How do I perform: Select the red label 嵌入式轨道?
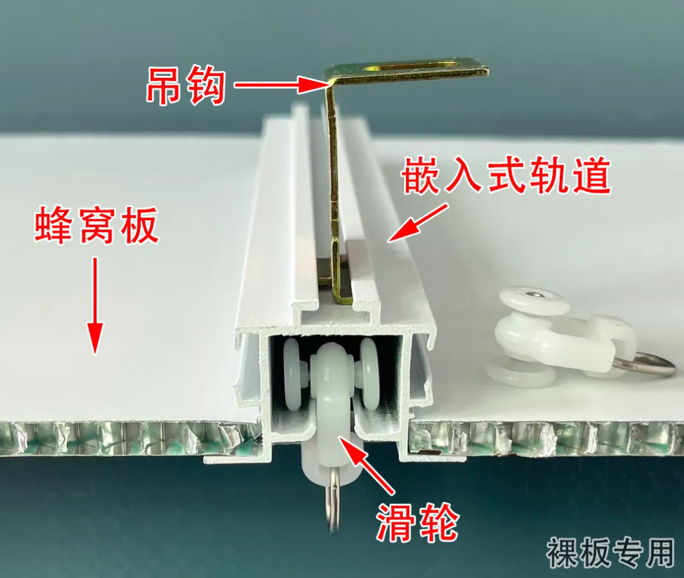click(507, 177)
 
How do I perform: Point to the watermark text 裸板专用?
click(611, 552)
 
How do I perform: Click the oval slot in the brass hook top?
click(418, 65)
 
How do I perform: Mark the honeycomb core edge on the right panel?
click(545, 437)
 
